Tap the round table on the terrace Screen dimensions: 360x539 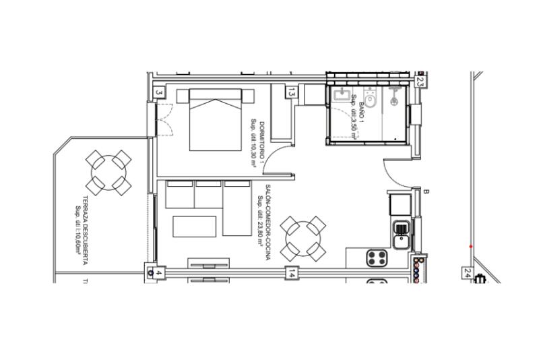point(108,172)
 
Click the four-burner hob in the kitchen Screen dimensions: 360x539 point(377,258)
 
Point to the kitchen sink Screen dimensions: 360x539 point(402,234)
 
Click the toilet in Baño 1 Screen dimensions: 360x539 point(371,98)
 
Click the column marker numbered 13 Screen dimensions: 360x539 point(292,93)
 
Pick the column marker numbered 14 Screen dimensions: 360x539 point(292,274)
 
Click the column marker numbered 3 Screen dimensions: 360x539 point(159,92)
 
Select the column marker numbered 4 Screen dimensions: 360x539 point(159,273)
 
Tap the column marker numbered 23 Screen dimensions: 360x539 point(420,82)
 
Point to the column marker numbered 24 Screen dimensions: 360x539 point(468,272)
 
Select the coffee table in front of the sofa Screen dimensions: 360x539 point(195,226)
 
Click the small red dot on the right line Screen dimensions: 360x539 point(470,246)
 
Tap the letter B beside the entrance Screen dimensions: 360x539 point(426,192)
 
